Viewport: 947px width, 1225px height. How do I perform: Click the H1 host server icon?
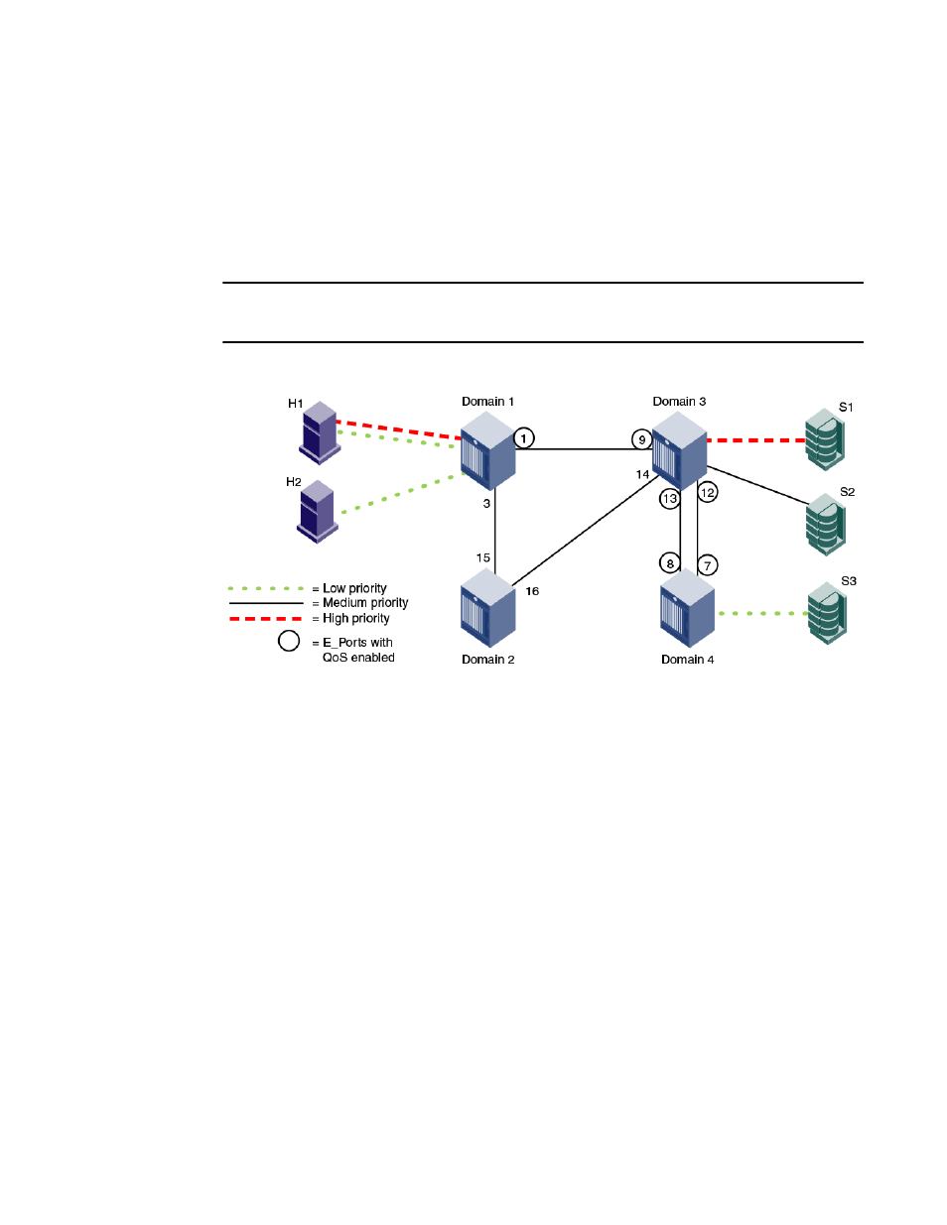point(320,432)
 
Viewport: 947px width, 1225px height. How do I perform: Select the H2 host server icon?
point(317,511)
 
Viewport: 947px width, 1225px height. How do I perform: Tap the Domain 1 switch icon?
point(487,450)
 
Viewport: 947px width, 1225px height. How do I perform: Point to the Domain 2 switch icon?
point(487,608)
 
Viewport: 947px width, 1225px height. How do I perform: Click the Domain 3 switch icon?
point(679,450)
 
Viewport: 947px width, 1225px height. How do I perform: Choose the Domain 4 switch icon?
point(687,608)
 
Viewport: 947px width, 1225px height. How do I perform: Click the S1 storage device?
point(825,439)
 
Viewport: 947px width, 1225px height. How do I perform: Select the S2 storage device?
point(826,525)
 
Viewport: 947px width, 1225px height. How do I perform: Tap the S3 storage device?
point(828,613)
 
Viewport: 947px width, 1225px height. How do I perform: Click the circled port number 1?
point(523,438)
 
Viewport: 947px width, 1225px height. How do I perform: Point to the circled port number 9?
point(642,439)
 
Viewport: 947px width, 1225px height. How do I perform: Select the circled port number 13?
point(669,499)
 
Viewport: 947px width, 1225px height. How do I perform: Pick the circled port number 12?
point(708,493)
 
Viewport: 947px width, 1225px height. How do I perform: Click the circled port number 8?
point(669,563)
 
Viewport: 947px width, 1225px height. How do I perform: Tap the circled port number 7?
point(708,565)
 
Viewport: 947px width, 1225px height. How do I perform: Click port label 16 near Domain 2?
point(532,591)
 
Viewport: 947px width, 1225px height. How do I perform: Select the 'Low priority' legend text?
point(354,588)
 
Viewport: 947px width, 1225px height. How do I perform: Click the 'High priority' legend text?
point(356,618)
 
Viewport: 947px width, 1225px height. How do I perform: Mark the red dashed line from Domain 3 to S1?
point(755,440)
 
